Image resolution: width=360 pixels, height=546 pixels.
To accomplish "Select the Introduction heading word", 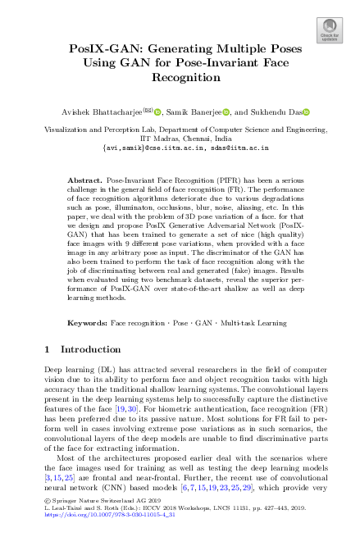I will tap(93, 350).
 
